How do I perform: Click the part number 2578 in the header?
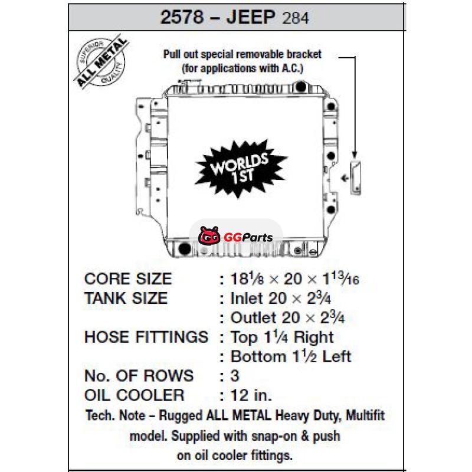pos(182,17)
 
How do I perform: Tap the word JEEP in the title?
pos(251,17)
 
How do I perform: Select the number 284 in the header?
pos(296,18)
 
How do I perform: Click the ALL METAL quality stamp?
pos(101,62)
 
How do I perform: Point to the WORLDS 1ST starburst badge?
pos(241,169)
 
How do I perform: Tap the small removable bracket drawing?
pos(355,178)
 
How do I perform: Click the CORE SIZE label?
pos(128,278)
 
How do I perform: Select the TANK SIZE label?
pos(126,299)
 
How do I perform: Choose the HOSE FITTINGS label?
pos(146,337)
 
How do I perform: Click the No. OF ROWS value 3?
pos(235,376)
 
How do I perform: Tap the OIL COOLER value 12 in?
pos(251,395)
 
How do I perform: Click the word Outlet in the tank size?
pos(253,317)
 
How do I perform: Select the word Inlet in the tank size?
pos(247,299)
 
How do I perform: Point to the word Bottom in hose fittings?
pos(258,356)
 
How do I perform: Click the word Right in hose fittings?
pos(314,337)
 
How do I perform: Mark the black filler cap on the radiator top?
pos(301,87)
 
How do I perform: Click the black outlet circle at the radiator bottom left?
pos(185,248)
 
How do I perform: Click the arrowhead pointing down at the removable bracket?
pos(355,155)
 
